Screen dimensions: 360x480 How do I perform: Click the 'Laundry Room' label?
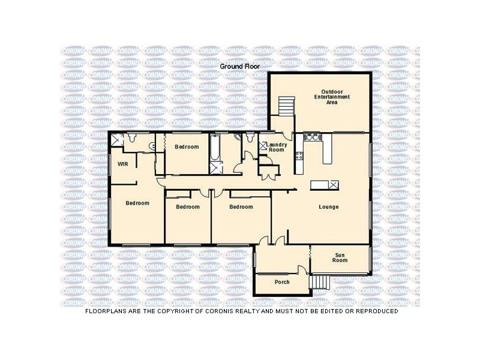[x=277, y=147]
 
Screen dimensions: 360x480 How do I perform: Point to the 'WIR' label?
[x=122, y=163]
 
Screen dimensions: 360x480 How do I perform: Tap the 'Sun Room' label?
[x=340, y=258]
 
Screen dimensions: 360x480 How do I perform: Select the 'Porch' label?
[x=282, y=282]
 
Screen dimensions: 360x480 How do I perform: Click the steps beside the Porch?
[x=319, y=281]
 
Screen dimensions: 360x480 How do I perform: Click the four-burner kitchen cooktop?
[x=298, y=157]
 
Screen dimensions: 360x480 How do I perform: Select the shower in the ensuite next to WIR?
[x=117, y=139]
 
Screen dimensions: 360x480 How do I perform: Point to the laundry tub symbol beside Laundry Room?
[x=263, y=146]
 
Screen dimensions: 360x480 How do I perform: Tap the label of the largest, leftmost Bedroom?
[x=137, y=203]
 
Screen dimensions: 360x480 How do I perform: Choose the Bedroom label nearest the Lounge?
[x=241, y=207]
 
